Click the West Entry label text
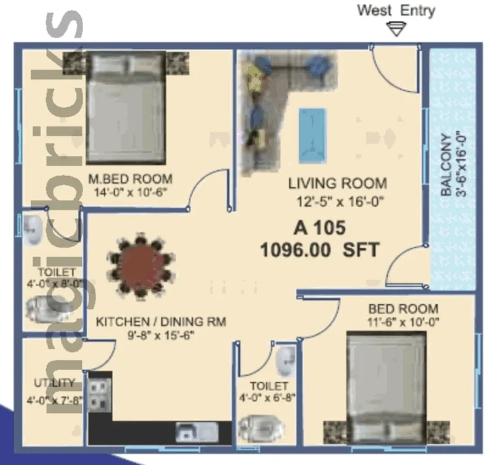(396, 10)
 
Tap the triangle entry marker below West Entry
(396, 29)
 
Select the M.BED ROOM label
(131, 179)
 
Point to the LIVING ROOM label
(337, 184)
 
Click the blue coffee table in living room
(312, 135)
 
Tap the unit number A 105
(319, 228)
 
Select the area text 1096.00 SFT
(319, 249)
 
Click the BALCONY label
(446, 165)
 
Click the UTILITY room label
(55, 383)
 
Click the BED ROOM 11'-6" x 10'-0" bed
(386, 383)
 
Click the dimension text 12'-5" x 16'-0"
(337, 201)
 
